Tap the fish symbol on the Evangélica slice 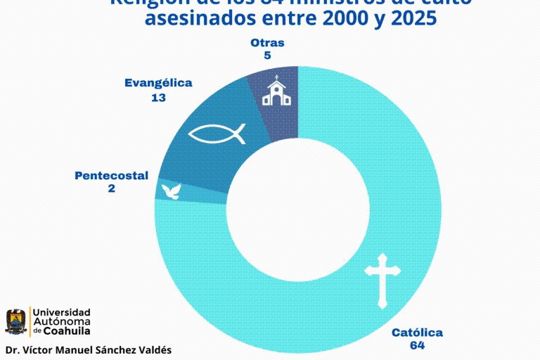coord(219,134)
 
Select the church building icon coord(276,91)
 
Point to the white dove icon coord(171,191)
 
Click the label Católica coord(417,333)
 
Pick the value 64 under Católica coord(418,345)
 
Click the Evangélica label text coord(158,83)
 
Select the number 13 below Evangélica coord(158,98)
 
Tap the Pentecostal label coord(111,175)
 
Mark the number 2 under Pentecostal coord(111,188)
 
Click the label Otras coord(267,43)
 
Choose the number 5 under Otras coord(267,56)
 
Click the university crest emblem coord(15,321)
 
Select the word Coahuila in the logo coord(67,330)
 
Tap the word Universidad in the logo coord(62,311)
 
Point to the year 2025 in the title coord(411,19)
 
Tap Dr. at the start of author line coord(12,349)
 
